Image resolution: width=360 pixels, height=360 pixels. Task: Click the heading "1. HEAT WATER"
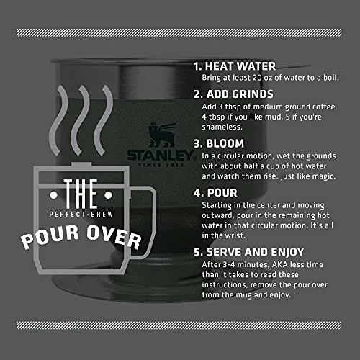point(235,66)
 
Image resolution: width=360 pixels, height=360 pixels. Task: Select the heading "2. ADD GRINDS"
point(233,94)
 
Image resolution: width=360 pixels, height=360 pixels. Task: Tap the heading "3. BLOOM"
point(219,143)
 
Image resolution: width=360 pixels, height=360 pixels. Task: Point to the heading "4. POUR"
point(215,193)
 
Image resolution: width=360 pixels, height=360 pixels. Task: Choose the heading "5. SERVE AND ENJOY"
point(249,252)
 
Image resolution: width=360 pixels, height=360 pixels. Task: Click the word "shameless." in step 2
point(222,127)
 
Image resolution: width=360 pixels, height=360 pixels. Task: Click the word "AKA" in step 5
point(280,264)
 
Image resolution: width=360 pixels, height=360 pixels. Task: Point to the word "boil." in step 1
point(331,78)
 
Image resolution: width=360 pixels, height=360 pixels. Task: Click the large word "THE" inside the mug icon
point(81,194)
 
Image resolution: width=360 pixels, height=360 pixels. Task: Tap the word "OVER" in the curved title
point(114,237)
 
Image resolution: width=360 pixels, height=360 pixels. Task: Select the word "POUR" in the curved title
point(50,237)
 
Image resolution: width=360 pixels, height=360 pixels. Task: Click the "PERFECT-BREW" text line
point(81,215)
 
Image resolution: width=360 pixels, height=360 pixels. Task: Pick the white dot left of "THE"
point(53,195)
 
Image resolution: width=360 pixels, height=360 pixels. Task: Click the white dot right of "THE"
point(108,195)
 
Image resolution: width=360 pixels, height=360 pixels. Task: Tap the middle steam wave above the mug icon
point(81,120)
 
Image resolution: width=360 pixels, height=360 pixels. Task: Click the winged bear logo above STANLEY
point(162,135)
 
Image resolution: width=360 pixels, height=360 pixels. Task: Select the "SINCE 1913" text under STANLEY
point(161,165)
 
